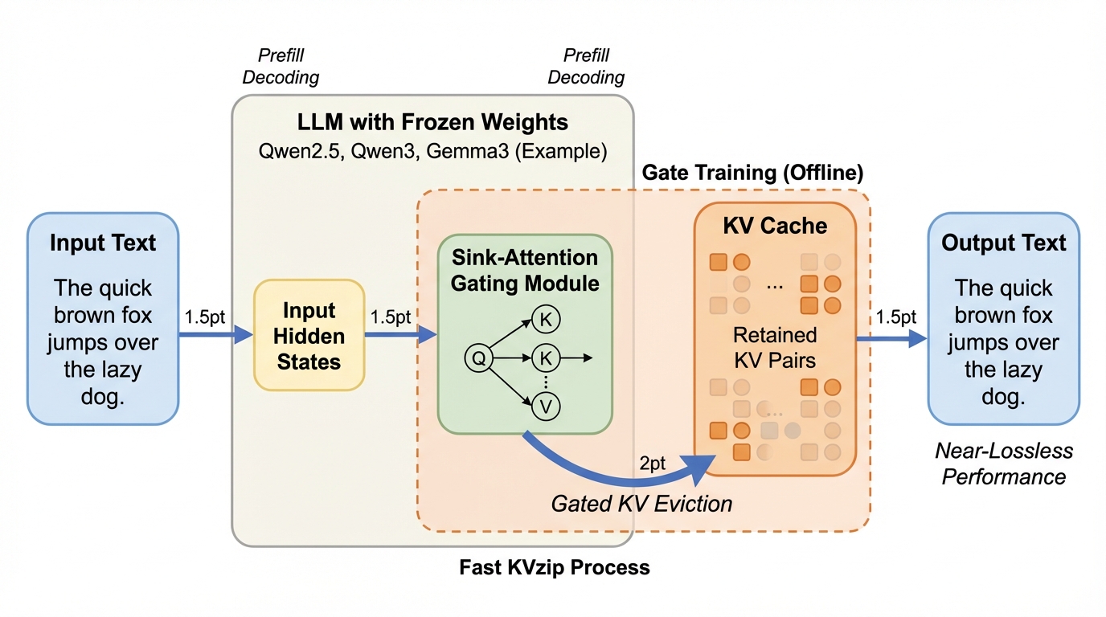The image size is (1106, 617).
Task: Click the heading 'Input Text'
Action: (103, 243)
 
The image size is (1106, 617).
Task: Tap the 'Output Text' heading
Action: (1004, 243)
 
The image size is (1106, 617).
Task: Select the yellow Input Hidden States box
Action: (309, 336)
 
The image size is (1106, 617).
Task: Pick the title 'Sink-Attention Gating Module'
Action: (525, 271)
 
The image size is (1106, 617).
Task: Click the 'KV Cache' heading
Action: (775, 225)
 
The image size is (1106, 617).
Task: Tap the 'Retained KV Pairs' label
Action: (775, 346)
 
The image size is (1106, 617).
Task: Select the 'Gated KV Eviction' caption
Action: (641, 504)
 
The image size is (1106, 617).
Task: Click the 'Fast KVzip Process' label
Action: (555, 567)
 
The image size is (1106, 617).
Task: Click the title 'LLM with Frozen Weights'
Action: (432, 122)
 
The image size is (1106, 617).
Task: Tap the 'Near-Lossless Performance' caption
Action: (1004, 464)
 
